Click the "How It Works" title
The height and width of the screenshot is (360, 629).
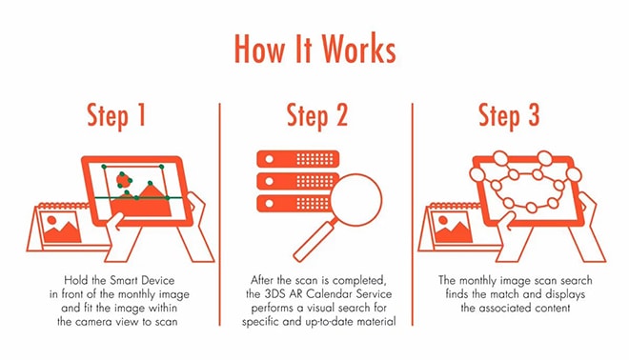(314, 49)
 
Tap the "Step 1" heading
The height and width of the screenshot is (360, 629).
(116, 115)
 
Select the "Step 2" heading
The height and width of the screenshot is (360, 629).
(317, 115)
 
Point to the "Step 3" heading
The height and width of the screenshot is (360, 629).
(509, 115)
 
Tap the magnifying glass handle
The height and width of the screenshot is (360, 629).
(314, 242)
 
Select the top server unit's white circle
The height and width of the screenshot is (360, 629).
(269, 159)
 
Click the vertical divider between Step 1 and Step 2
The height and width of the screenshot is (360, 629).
(220, 214)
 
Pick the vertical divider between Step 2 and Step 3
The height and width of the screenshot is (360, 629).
(412, 214)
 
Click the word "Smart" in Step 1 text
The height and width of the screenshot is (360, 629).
(124, 280)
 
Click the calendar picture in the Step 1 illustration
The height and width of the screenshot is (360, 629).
(62, 229)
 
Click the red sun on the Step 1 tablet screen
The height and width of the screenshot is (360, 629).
(124, 181)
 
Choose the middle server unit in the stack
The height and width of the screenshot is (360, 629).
(297, 181)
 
